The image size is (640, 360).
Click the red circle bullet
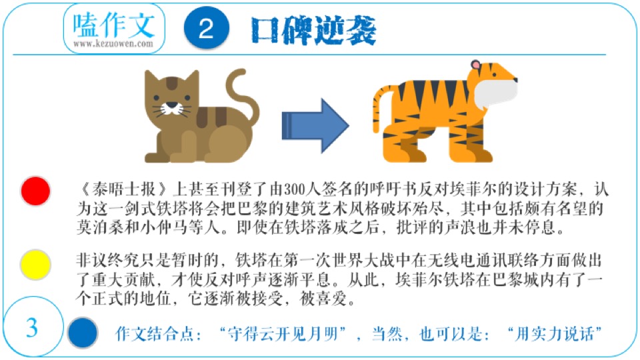(35, 191)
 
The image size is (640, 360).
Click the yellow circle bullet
(35, 265)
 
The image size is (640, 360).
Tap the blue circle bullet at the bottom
(83, 332)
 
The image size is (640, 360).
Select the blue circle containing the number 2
(207, 30)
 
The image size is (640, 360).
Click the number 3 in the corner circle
(32, 328)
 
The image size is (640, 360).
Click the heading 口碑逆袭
(314, 30)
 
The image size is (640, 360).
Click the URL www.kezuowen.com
(113, 44)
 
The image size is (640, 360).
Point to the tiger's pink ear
(475, 65)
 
